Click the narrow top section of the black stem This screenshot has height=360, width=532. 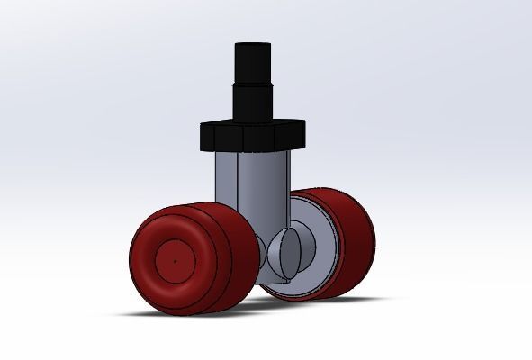(253, 63)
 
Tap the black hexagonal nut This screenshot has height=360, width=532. (253, 138)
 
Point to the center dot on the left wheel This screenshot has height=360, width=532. (173, 262)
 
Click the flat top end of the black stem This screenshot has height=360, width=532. (253, 44)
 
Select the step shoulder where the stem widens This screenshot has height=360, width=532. (253, 85)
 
